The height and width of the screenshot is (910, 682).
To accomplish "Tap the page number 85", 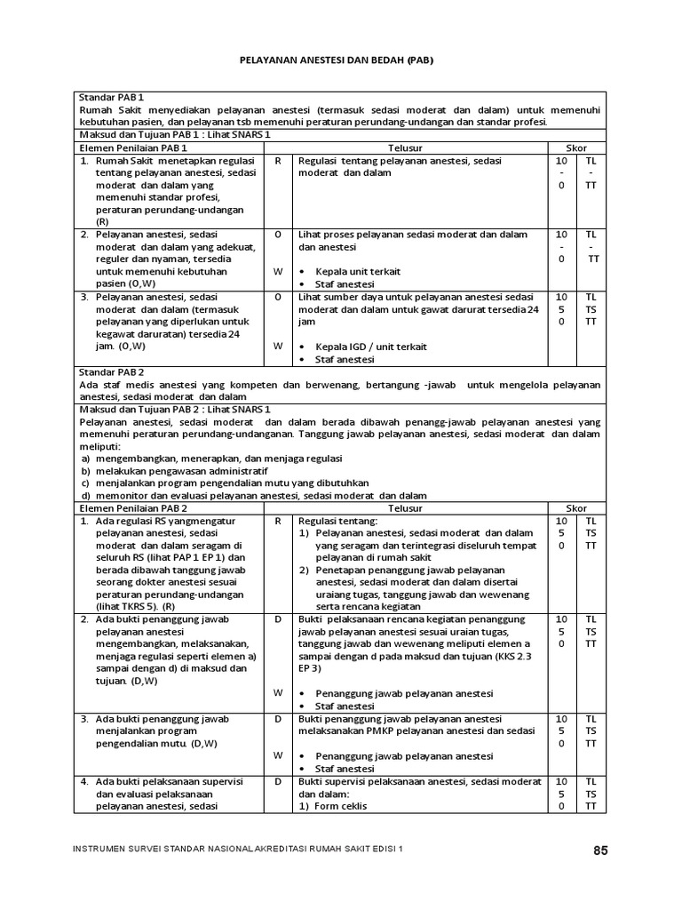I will click(601, 850).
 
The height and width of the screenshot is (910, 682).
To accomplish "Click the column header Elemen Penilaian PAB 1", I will click(133, 147).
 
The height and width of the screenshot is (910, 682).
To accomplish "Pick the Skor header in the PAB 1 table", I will click(576, 147).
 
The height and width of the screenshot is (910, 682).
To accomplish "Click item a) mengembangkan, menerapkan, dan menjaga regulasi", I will click(194, 458).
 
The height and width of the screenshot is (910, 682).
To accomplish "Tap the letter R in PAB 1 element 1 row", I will click(278, 160).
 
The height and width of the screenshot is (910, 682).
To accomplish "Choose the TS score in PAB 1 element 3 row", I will click(591, 309).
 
